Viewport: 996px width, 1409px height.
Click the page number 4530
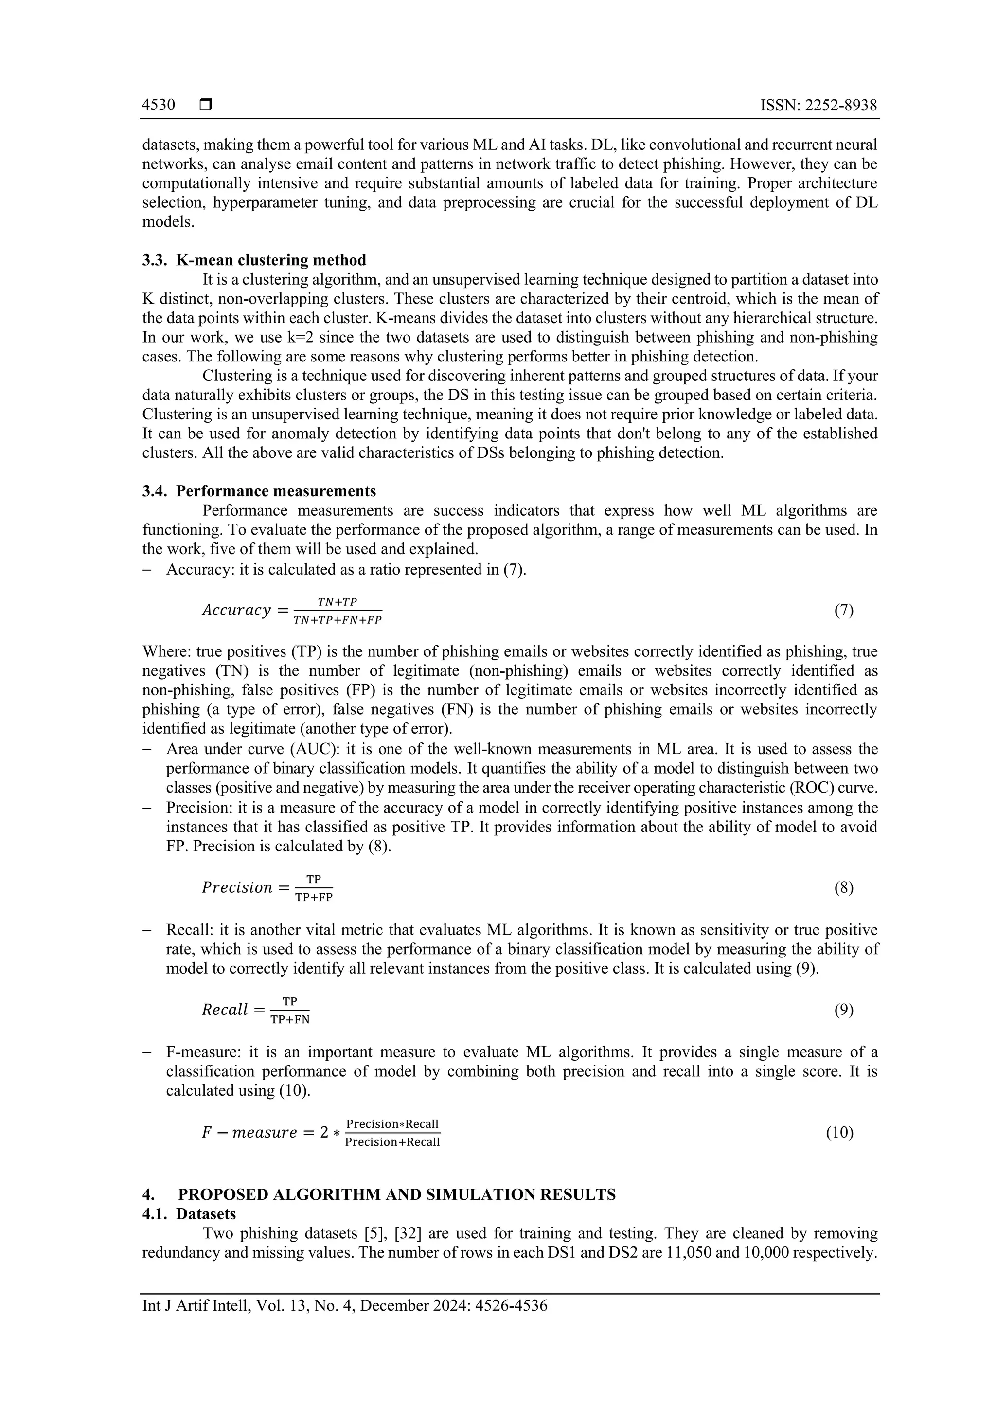click(x=158, y=106)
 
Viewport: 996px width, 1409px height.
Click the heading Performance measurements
click(x=276, y=491)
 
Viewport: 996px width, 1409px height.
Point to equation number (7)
click(x=843, y=610)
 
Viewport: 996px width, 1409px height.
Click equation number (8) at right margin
click(x=843, y=887)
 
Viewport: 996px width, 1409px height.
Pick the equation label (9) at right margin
click(x=843, y=1010)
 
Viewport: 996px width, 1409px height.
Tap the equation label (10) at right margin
click(x=839, y=1132)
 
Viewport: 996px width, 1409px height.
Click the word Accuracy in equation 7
click(x=237, y=611)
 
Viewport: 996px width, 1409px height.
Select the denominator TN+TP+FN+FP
click(x=338, y=620)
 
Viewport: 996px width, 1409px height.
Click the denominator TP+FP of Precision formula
click(x=314, y=897)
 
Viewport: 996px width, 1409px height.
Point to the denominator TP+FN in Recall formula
click(x=290, y=1020)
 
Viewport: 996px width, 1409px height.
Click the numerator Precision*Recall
click(x=392, y=1123)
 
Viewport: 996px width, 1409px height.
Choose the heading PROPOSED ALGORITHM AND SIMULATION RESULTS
click(x=397, y=1194)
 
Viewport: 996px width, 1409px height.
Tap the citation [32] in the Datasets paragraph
click(x=411, y=1233)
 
